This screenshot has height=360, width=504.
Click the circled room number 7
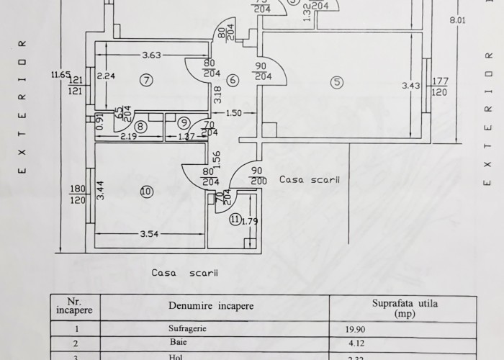146,80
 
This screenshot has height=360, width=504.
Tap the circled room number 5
337,82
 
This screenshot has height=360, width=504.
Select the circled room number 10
146,192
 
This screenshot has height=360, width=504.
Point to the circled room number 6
233,81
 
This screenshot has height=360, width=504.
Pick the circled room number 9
184,122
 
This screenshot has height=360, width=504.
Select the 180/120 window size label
77,194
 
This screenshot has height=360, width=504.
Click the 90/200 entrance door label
255,176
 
